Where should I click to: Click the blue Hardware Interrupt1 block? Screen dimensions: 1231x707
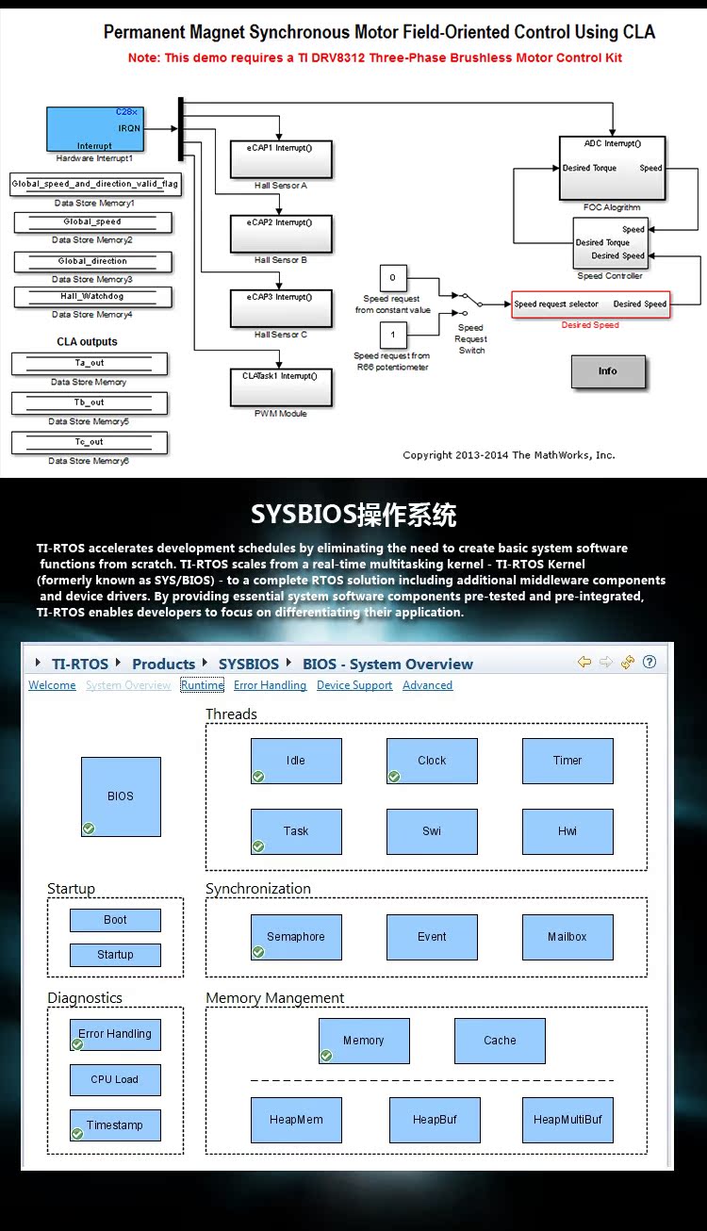94,128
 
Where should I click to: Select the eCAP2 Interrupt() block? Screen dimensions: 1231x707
281,234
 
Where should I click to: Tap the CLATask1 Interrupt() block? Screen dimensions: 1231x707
281,386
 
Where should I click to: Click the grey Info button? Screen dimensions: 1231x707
608,371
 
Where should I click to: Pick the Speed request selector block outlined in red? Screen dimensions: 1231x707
590,304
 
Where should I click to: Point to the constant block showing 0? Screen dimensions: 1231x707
392,278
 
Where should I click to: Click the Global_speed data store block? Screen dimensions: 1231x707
92,222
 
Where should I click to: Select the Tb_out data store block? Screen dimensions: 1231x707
90,402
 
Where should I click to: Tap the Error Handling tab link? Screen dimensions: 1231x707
270,685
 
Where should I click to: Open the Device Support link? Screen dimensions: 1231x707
354,685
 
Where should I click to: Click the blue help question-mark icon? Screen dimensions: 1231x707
649,662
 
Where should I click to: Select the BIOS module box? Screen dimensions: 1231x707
121,796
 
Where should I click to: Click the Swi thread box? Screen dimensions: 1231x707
432,831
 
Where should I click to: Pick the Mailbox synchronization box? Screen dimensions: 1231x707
567,937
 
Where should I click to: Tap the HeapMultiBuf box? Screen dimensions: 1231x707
567,1120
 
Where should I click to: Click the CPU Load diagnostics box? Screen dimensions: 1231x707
115,1079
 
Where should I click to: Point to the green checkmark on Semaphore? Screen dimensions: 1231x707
258,952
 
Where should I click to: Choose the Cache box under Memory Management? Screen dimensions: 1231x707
500,1041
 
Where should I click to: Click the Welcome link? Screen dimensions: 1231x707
52,685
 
